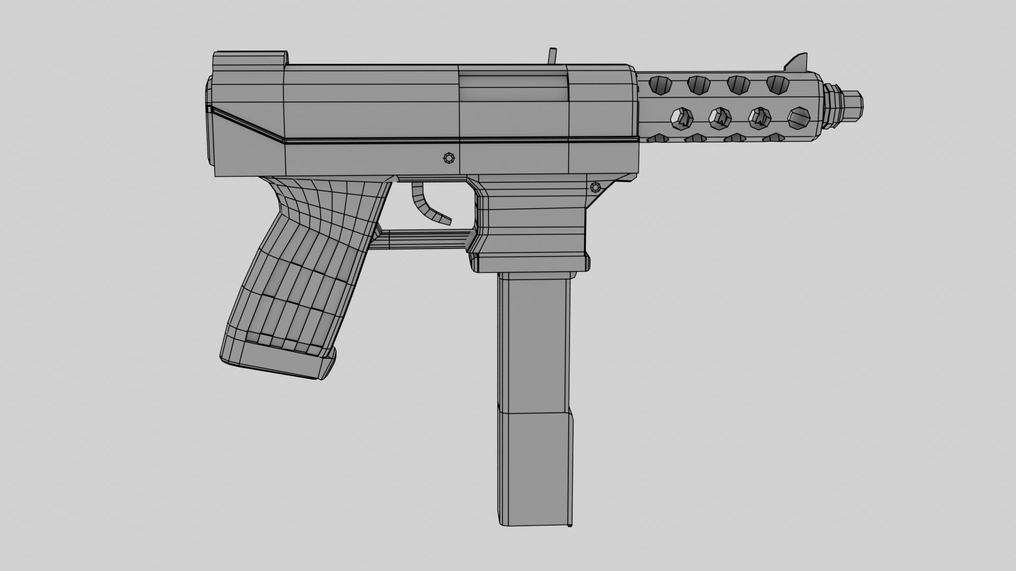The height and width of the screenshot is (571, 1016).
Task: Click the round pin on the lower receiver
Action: point(449,158)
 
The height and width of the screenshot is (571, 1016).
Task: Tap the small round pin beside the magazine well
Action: point(596,187)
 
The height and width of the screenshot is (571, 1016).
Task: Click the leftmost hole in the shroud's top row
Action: point(659,84)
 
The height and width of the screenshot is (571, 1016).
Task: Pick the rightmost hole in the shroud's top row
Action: point(777,83)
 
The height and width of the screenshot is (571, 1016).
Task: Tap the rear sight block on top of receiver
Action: point(250,59)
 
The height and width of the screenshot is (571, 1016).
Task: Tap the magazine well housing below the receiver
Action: point(532,222)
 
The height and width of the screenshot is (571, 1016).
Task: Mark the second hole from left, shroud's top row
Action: point(698,84)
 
